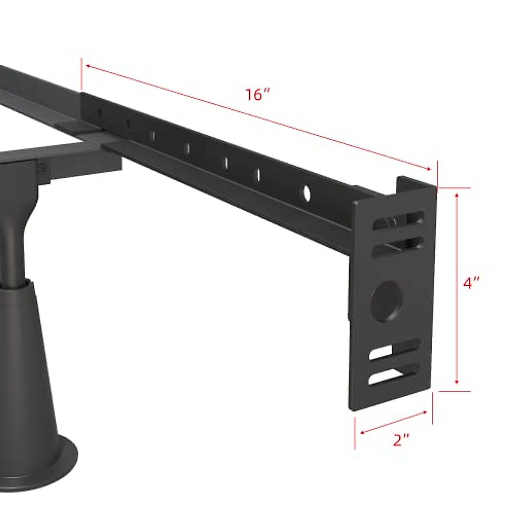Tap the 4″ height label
[x=472, y=283]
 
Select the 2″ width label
[x=401, y=440]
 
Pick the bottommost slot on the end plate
[x=393, y=374]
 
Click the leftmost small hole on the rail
[x=99, y=114]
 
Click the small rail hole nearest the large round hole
[x=258, y=174]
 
